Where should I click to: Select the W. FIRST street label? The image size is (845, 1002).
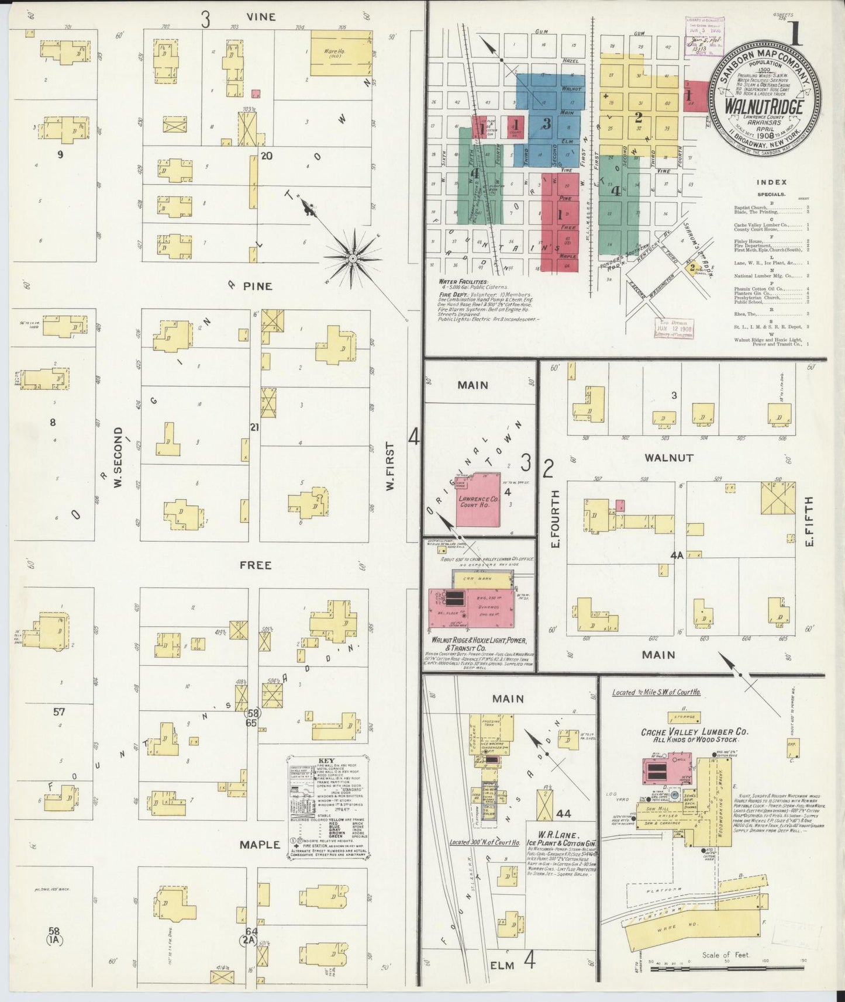tap(390, 466)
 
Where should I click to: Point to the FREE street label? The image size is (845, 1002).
tap(256, 565)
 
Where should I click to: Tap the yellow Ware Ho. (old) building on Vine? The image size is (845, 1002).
tap(340, 53)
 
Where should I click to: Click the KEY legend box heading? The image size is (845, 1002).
tap(326, 761)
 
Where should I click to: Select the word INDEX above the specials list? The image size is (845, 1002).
tap(772, 182)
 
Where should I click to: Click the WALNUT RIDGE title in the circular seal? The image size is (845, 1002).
tap(763, 108)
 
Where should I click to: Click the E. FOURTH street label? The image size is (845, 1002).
tap(555, 519)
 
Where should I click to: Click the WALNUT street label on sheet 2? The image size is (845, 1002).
tap(668, 458)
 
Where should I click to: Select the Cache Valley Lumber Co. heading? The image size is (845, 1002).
tap(695, 731)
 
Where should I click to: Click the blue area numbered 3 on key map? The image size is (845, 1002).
tap(547, 123)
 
